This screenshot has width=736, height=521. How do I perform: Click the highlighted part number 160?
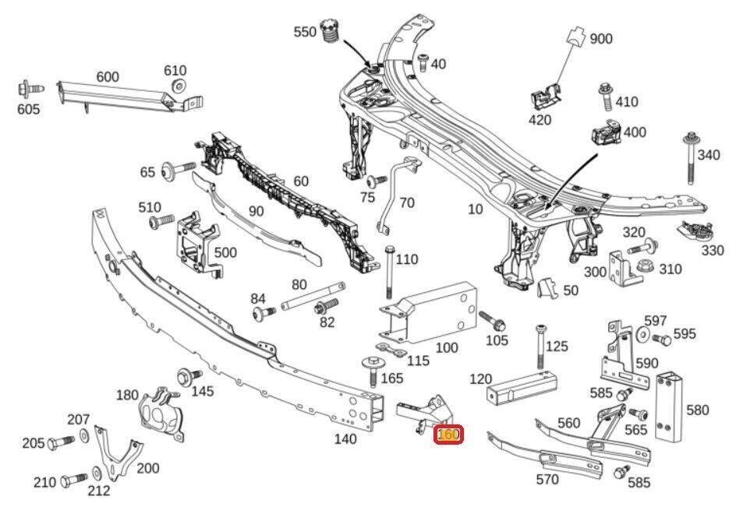click(448, 435)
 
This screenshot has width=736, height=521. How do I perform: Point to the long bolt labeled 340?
click(692, 160)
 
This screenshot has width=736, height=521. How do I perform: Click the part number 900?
click(601, 39)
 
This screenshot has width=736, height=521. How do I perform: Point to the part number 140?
click(345, 439)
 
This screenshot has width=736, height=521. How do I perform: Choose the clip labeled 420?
click(547, 98)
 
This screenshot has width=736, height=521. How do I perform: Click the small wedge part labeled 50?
click(547, 289)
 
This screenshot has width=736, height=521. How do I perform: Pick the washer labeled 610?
click(179, 86)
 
